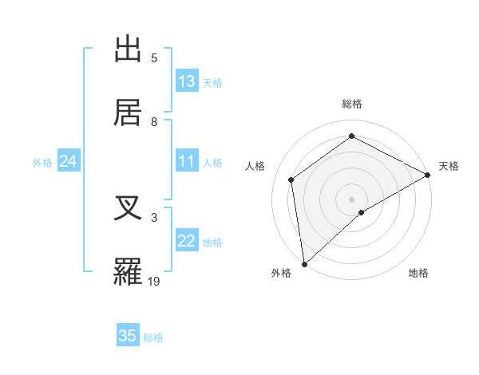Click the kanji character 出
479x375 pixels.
(129, 50)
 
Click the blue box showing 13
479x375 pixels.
(187, 81)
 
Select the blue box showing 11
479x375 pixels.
(187, 161)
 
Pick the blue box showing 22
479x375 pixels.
(187, 242)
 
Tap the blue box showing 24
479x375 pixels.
(69, 162)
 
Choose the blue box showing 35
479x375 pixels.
(128, 336)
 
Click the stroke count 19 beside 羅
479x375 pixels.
(154, 281)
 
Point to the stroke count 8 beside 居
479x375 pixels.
(154, 121)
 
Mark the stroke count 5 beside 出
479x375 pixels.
(154, 58)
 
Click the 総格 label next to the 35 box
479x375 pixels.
(153, 337)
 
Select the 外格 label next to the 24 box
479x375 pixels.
(42, 163)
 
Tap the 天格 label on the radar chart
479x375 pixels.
(449, 166)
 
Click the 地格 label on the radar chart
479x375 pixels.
(418, 273)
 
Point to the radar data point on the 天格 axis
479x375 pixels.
(428, 175)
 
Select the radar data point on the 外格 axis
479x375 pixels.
(304, 264)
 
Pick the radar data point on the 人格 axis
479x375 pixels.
(291, 180)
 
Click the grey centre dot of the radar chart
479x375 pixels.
(351, 199)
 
